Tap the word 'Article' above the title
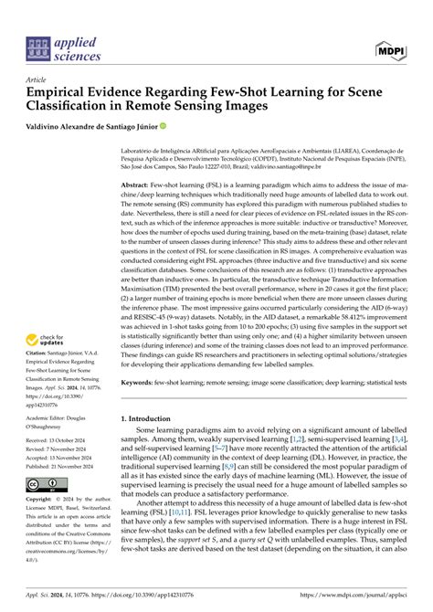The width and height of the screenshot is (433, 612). point(37,79)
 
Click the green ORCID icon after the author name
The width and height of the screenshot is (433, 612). point(164,127)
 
